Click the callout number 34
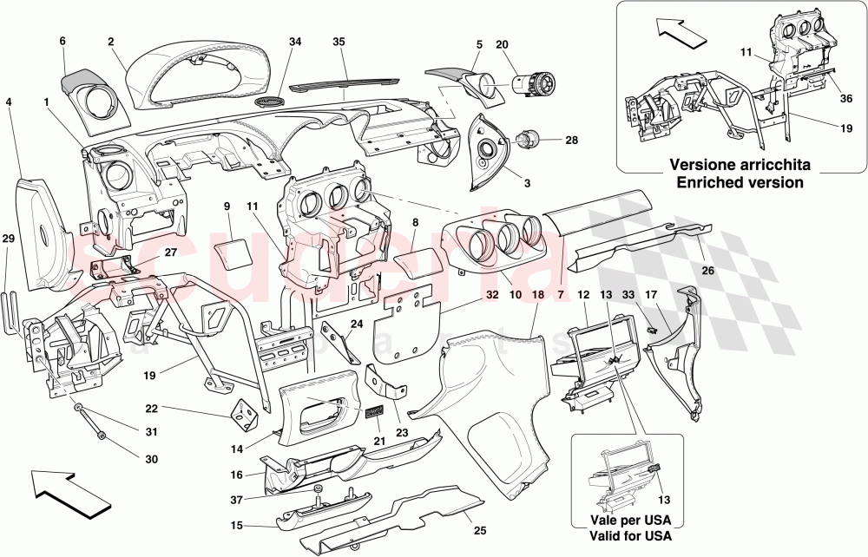pyautogui.click(x=295, y=42)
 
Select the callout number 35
pyautogui.click(x=339, y=42)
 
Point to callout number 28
pyautogui.click(x=570, y=140)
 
